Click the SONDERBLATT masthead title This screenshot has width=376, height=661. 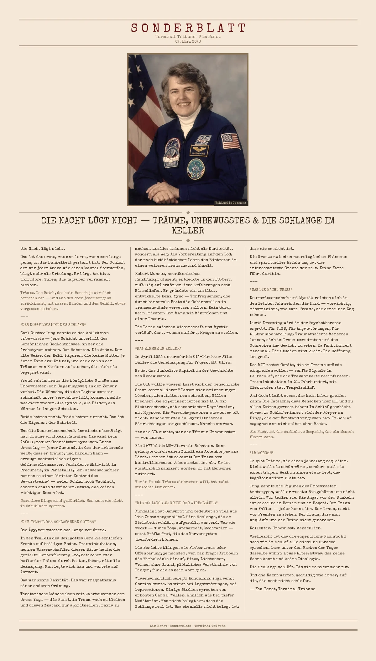tap(188, 28)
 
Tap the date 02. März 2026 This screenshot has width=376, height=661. tap(188, 41)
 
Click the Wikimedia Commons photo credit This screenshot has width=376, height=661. tap(231, 203)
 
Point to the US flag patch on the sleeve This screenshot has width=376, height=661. tap(231, 141)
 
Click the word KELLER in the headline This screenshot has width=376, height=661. tap(188, 231)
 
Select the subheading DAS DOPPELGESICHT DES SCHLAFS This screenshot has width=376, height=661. tap(53, 325)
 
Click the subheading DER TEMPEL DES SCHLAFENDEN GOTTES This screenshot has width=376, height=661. tap(58, 522)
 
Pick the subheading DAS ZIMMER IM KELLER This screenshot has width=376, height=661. tap(158, 349)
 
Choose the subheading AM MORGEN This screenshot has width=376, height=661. tap(262, 453)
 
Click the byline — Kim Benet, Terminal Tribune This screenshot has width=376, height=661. tap(283, 589)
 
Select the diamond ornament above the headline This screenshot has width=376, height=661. tap(188, 213)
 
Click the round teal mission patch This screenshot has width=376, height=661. tap(196, 169)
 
